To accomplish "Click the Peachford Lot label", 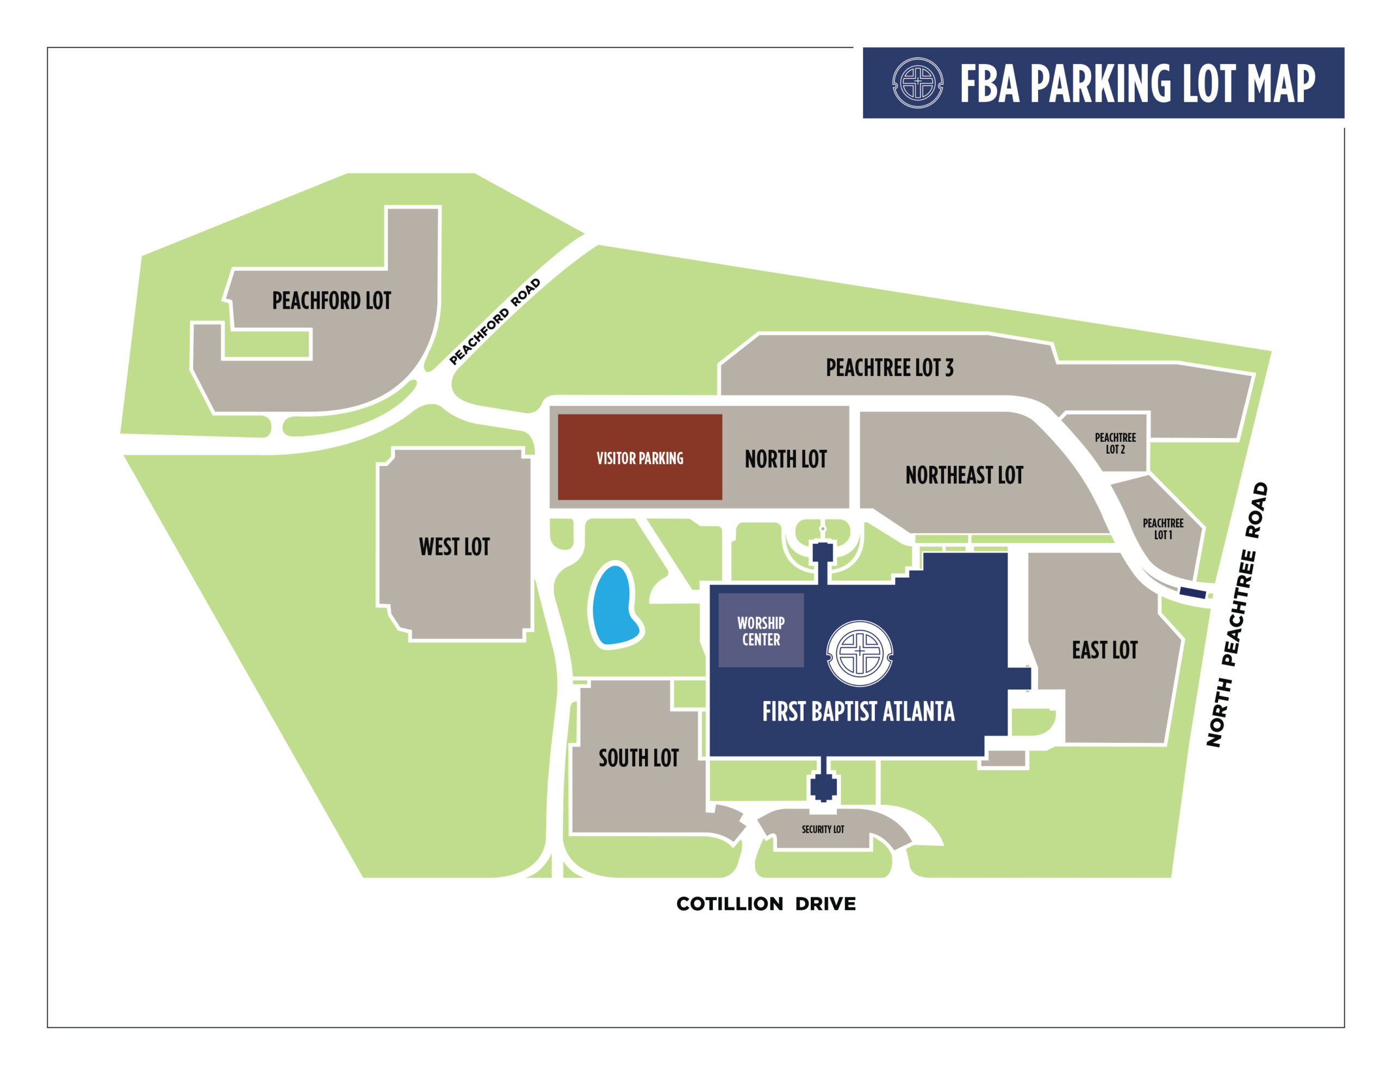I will (x=332, y=301).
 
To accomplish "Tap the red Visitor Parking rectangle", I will (x=639, y=458).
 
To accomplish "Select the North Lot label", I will (x=785, y=459).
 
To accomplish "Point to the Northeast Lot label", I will (x=964, y=475).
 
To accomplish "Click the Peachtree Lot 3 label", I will (x=889, y=368).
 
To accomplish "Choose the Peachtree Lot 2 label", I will (x=1115, y=443).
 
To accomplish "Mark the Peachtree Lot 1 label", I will (x=1163, y=529).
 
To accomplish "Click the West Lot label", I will (x=454, y=547).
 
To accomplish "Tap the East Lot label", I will (x=1104, y=650).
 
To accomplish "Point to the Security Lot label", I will (x=822, y=829).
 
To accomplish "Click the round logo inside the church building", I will (x=859, y=653).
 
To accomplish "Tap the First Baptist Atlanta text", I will (x=858, y=711).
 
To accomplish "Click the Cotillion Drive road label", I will (x=766, y=904).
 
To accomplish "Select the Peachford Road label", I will (x=495, y=322).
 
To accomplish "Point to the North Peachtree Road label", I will (x=1236, y=615).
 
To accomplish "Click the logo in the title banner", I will (x=917, y=83).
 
